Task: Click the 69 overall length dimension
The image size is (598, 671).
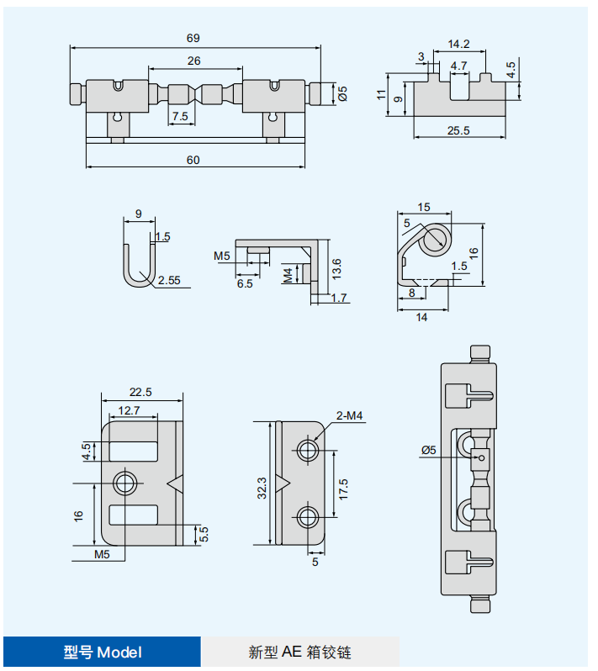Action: [193, 38]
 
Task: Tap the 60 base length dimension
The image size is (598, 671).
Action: [193, 160]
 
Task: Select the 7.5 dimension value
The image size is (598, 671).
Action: [180, 116]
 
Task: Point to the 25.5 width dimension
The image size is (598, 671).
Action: [458, 130]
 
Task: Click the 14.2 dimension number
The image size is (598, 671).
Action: [458, 44]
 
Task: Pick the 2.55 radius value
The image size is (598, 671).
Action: [168, 281]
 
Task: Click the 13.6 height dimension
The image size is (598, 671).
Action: [336, 268]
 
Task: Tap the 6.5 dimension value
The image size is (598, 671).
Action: [245, 284]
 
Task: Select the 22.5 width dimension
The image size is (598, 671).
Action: [140, 391]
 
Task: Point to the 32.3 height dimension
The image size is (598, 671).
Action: [262, 487]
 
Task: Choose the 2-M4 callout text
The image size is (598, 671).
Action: [349, 416]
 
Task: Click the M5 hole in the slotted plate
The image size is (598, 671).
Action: [126, 483]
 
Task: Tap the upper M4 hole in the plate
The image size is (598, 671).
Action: [309, 450]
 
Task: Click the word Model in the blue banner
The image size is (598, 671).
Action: [119, 652]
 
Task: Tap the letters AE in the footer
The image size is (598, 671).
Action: [291, 652]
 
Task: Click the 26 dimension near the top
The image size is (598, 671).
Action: [193, 61]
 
